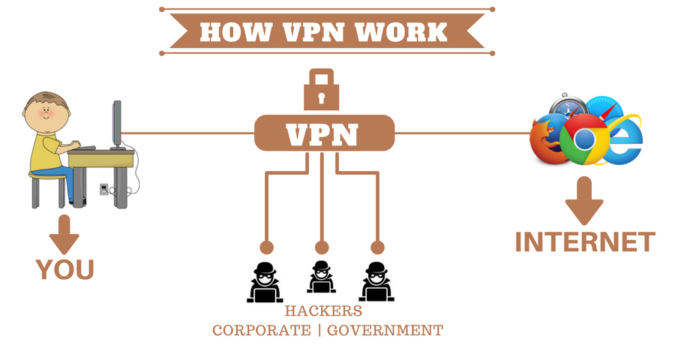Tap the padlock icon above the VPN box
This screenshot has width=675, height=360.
pyautogui.click(x=322, y=90)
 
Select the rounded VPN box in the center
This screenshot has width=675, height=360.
pyautogui.click(x=324, y=134)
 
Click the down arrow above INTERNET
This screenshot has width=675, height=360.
pyautogui.click(x=584, y=200)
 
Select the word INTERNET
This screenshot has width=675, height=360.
pyautogui.click(x=584, y=242)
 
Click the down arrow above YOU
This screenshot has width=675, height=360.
pyautogui.click(x=65, y=234)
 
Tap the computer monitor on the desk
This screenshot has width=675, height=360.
pyautogui.click(x=116, y=124)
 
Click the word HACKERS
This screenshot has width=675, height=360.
pyautogui.click(x=323, y=310)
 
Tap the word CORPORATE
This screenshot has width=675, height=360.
pyautogui.click(x=260, y=330)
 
